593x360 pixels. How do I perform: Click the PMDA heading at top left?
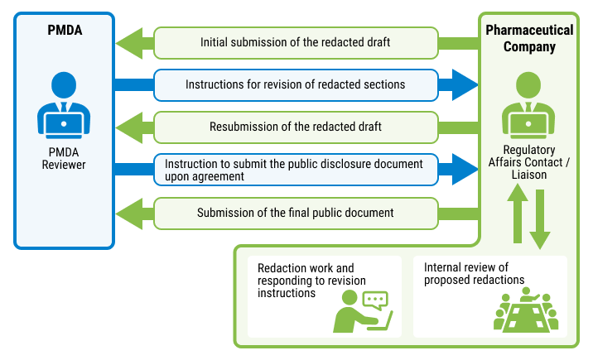pyautogui.click(x=65, y=31)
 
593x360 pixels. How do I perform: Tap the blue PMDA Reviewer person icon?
pyautogui.click(x=64, y=106)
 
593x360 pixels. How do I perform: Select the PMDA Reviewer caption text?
pyautogui.click(x=64, y=159)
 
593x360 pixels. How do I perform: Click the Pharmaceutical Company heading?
pyautogui.click(x=529, y=38)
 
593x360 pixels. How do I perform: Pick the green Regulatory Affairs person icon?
pyautogui.click(x=529, y=106)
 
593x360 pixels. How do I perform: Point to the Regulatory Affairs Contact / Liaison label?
pyautogui.click(x=529, y=162)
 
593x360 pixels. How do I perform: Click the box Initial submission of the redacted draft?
pyautogui.click(x=296, y=42)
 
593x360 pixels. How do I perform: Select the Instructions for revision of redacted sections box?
pyautogui.click(x=296, y=84)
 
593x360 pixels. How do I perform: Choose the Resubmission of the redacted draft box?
pyautogui.click(x=296, y=127)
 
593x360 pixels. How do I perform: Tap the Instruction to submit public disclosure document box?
pyautogui.click(x=296, y=170)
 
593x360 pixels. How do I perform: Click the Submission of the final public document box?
pyautogui.click(x=296, y=213)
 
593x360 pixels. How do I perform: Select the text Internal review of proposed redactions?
pyautogui.click(x=474, y=274)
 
